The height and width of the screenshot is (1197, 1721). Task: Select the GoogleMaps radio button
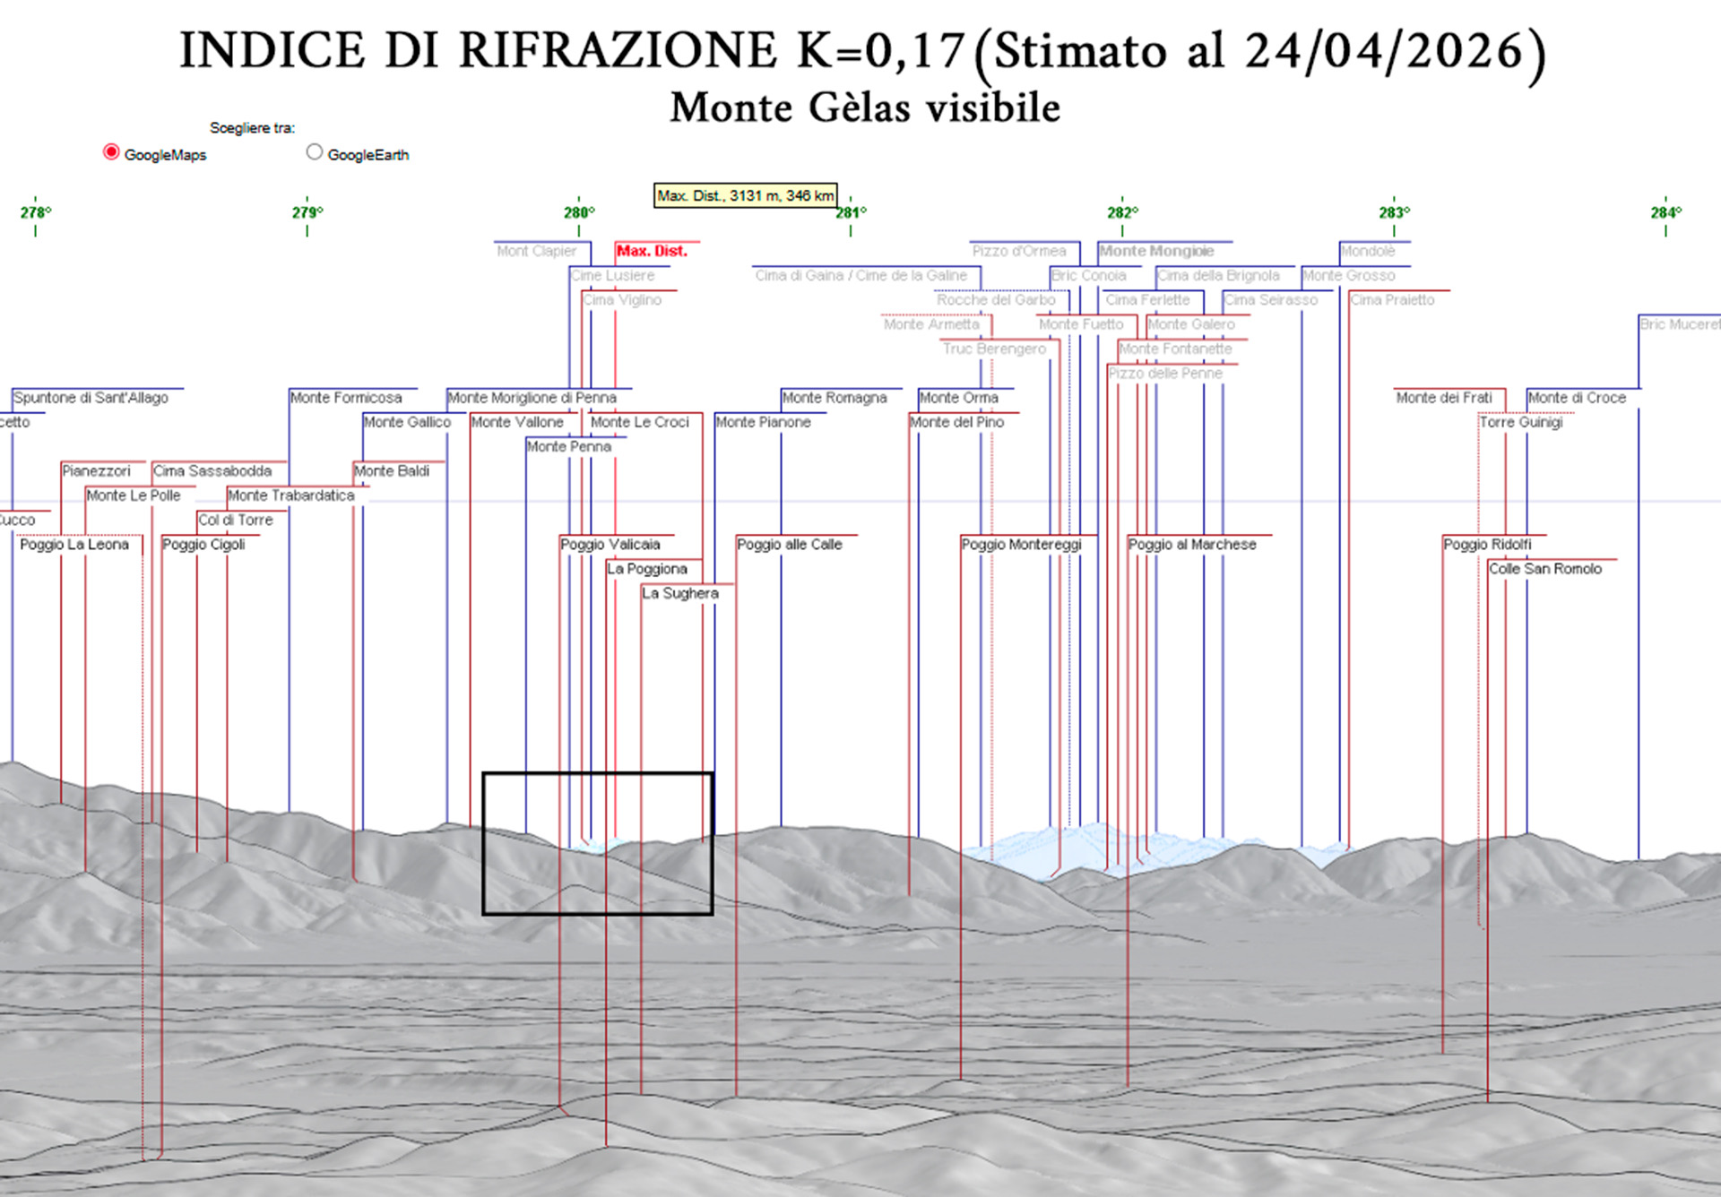111,152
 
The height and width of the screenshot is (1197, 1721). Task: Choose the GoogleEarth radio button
314,152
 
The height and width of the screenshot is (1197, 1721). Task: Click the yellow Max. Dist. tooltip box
745,195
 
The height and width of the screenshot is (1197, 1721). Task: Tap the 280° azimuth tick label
578,212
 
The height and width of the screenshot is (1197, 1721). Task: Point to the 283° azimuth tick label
1394,212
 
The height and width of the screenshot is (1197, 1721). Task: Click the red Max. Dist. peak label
652,251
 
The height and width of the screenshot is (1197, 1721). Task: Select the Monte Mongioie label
1156,251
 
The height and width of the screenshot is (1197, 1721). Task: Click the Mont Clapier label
537,251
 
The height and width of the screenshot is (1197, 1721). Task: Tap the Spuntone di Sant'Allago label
91,398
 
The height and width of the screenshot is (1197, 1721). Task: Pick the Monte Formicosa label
346,398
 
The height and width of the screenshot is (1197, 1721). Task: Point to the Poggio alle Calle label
790,545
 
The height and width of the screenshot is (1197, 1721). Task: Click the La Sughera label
680,593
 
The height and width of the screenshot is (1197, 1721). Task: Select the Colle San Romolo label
1545,569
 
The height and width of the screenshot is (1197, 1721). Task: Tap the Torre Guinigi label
1521,422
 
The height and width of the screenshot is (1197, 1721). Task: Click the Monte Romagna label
835,398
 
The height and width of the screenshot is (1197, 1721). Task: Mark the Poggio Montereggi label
1022,545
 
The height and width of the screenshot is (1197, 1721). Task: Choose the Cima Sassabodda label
212,471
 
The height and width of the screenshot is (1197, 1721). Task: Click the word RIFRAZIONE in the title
618,50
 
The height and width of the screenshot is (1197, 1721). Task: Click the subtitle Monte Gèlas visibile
865,108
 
